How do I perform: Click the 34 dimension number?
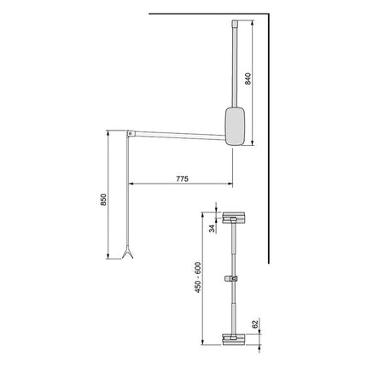(x=213, y=228)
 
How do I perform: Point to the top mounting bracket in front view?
(x=232, y=218)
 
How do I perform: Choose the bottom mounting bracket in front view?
(x=232, y=339)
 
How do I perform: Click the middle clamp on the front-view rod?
(x=230, y=278)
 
